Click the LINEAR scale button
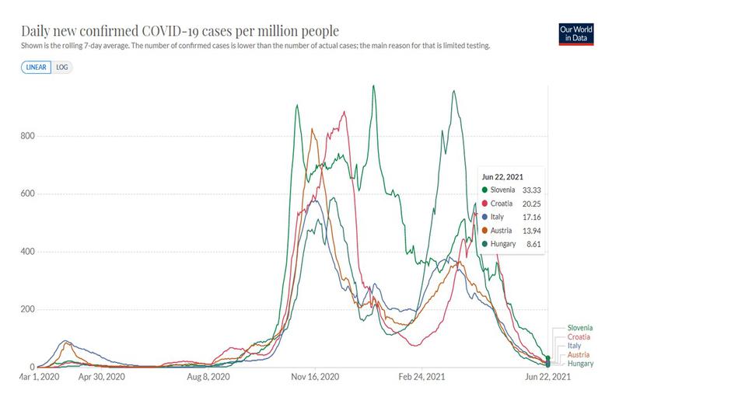tap(36, 67)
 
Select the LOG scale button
tap(62, 67)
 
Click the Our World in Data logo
tap(575, 34)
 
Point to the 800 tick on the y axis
tap(27, 136)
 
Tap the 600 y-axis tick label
tap(27, 194)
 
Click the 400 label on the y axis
tap(27, 252)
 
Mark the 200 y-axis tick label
tap(27, 309)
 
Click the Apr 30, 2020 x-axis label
tap(103, 377)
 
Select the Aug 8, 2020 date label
tap(209, 377)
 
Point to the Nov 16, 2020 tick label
tap(315, 377)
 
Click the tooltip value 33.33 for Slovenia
tap(531, 190)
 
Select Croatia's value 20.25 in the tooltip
tap(531, 204)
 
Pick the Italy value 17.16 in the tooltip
tap(531, 217)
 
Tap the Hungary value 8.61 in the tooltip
tap(533, 244)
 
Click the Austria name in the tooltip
tap(504, 231)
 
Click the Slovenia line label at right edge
tap(580, 329)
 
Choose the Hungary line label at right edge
tap(580, 364)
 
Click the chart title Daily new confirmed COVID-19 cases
tap(180, 31)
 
